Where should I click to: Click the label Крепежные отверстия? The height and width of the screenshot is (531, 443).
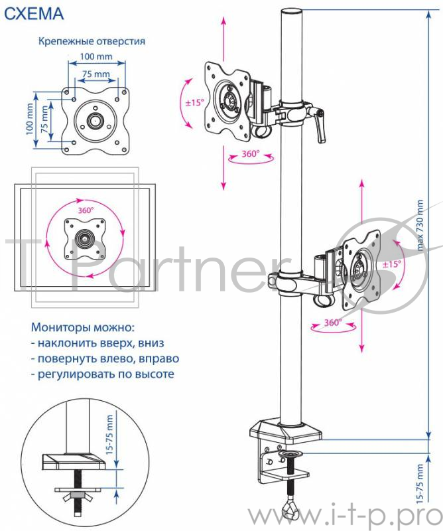(x=92, y=41)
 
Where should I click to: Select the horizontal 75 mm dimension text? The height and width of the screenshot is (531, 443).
(x=95, y=73)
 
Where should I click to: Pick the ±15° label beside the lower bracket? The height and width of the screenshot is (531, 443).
(x=391, y=264)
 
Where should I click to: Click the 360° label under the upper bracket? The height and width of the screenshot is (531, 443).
(x=249, y=155)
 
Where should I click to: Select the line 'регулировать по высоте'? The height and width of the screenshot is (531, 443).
(x=102, y=374)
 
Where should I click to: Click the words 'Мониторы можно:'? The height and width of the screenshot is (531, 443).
(x=82, y=327)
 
